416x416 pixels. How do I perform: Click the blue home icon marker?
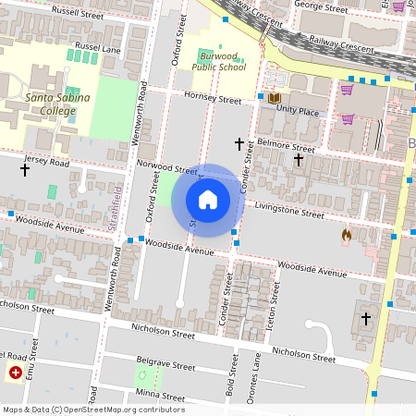pyautogui.click(x=208, y=200)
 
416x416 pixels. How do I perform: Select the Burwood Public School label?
pyautogui.click(x=219, y=61)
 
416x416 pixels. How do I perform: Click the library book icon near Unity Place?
pyautogui.click(x=274, y=97)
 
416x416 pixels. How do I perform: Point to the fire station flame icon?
pyautogui.click(x=347, y=236)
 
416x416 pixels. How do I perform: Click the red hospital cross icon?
pyautogui.click(x=15, y=373)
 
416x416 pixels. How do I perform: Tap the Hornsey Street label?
pyautogui.click(x=212, y=99)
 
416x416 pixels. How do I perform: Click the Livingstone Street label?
pyautogui.click(x=289, y=210)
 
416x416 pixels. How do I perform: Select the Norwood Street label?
pyautogui.click(x=166, y=168)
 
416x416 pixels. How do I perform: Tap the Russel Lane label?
pyautogui.click(x=98, y=46)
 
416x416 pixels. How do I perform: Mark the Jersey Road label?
pyautogui.click(x=47, y=162)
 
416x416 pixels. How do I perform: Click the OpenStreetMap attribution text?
pyautogui.click(x=92, y=410)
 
